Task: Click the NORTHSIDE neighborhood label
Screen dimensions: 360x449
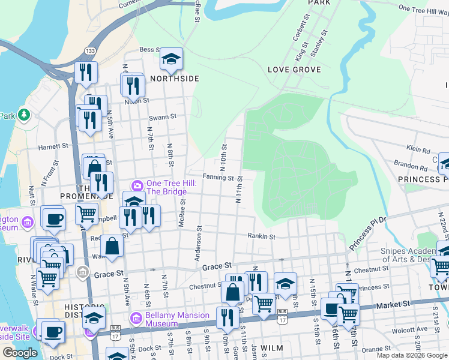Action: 174,79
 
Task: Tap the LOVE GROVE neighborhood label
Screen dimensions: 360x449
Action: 294,70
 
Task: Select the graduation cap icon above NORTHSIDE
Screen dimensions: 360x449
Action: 171,59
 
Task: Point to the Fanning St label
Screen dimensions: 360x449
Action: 217,178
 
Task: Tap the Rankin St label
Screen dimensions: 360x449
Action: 262,236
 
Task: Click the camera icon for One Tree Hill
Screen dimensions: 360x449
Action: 137,184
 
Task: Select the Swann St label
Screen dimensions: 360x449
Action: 163,116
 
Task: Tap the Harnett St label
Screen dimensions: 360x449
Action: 53,146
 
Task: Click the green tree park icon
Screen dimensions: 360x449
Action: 24,114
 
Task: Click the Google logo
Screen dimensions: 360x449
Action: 20,353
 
